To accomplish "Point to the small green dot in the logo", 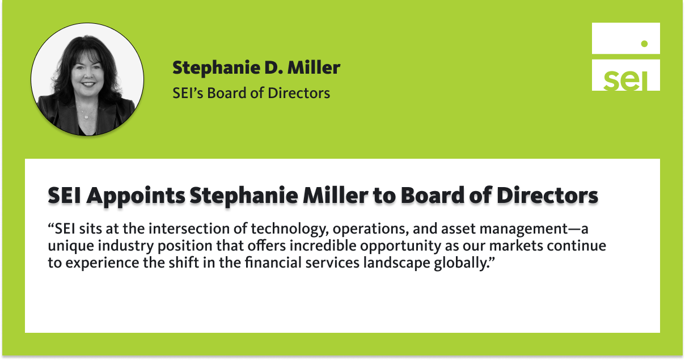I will coord(644,43).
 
